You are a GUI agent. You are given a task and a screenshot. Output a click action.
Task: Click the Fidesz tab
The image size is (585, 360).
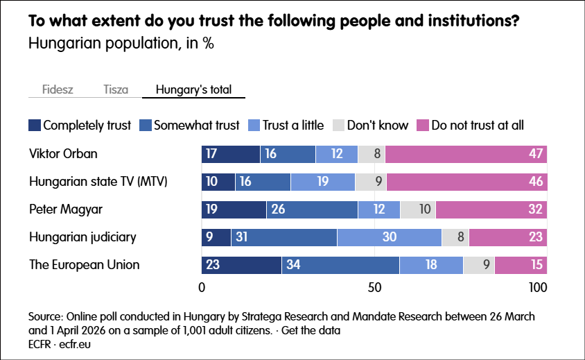(x=58, y=89)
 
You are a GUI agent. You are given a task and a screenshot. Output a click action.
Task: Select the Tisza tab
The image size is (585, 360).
(x=116, y=89)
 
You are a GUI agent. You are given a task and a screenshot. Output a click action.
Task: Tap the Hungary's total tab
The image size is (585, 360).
(x=193, y=89)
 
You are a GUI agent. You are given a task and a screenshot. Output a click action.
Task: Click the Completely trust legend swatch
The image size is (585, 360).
(x=35, y=126)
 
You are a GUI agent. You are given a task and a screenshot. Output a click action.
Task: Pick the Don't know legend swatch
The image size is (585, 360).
(x=338, y=126)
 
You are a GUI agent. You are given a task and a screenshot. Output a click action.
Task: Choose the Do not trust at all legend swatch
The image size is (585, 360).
(x=423, y=126)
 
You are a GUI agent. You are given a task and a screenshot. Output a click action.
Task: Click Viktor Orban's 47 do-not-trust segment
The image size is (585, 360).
(x=466, y=154)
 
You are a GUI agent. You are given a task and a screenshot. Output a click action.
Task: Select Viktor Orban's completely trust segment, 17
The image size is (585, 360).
(x=231, y=154)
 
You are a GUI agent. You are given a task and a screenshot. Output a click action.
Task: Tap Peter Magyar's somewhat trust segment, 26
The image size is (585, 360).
(x=312, y=209)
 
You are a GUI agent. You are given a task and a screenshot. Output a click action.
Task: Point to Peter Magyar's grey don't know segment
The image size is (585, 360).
(x=418, y=209)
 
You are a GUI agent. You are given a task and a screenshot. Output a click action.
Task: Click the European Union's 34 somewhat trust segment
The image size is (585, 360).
(x=340, y=265)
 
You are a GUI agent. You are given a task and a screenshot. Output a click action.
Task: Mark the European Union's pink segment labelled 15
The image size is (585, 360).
(x=521, y=265)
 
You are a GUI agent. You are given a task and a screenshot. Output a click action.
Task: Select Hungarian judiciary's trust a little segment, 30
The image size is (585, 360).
(x=390, y=237)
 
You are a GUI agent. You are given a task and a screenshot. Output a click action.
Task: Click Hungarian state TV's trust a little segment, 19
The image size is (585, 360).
(x=323, y=182)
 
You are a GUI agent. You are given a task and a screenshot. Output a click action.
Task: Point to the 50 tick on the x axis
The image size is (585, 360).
(x=374, y=287)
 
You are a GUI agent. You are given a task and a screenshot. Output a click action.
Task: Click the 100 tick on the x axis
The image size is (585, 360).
(x=538, y=287)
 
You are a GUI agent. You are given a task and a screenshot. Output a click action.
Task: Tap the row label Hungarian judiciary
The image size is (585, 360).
(x=82, y=237)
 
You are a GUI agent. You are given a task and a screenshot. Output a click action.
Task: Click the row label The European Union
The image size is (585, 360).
(x=84, y=265)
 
